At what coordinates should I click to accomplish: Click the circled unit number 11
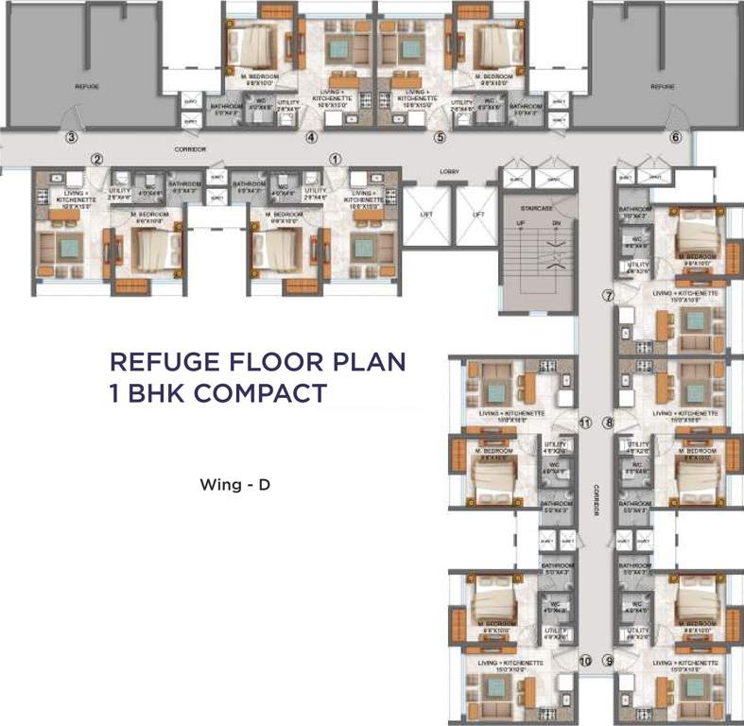point(584,423)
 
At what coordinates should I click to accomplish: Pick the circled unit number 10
point(584,661)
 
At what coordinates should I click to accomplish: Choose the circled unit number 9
point(609,661)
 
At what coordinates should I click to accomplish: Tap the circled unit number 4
point(311,136)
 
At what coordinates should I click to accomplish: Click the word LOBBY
point(449,172)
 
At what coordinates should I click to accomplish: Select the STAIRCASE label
point(537,205)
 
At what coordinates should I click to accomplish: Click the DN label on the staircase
point(556,222)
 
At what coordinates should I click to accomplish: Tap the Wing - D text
point(235,486)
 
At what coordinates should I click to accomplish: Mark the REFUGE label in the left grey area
point(87,86)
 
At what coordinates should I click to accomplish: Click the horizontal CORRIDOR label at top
point(190,149)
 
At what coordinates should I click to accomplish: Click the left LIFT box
point(426,214)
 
